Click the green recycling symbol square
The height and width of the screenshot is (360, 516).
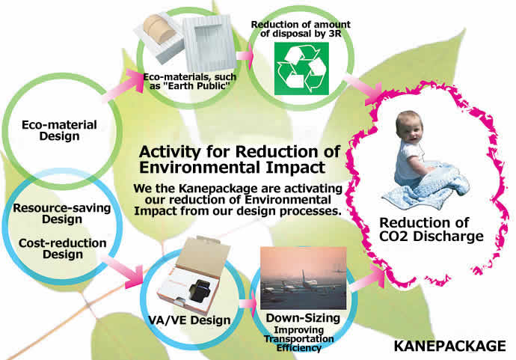(301, 69)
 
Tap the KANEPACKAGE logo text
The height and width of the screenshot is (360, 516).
(450, 347)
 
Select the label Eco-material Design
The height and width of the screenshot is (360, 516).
(59, 130)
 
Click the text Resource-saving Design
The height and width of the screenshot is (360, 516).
(62, 213)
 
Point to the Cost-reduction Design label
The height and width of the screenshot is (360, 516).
(63, 248)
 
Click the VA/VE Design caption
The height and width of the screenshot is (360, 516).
(189, 320)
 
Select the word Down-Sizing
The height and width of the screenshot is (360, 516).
(303, 318)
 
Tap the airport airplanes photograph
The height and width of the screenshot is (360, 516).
(303, 278)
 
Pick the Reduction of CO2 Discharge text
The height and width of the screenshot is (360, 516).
(431, 229)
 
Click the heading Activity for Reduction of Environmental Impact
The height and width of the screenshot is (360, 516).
(239, 159)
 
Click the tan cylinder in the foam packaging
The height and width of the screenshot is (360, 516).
(159, 29)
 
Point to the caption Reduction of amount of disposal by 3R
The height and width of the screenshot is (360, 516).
(301, 29)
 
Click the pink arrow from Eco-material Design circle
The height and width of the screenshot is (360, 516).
(123, 85)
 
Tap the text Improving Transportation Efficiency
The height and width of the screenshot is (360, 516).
(299, 339)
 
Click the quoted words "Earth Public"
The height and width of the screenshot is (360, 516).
(193, 86)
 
